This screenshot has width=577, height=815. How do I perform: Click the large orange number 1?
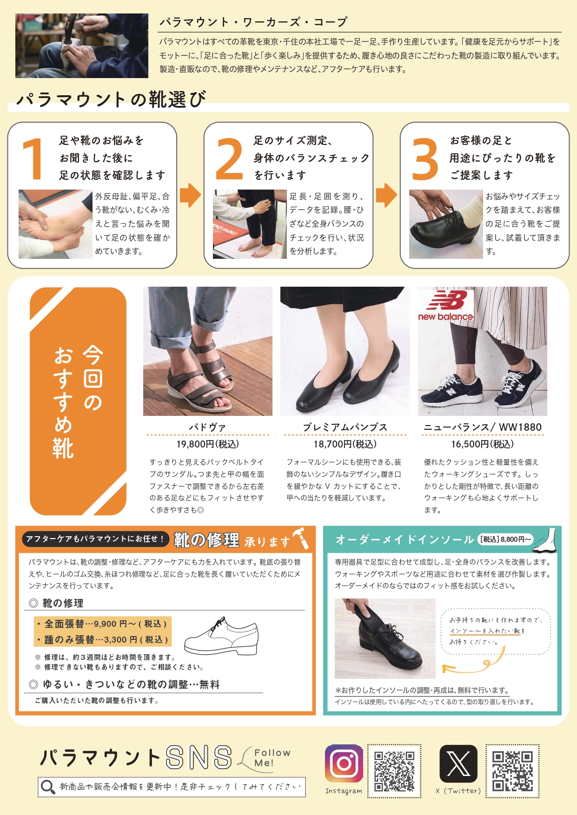pyautogui.click(x=33, y=159)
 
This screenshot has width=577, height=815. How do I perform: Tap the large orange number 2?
pyautogui.click(x=229, y=159)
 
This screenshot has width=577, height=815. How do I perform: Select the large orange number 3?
pyautogui.click(x=425, y=159)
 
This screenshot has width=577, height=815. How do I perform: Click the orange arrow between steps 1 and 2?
pyautogui.click(x=190, y=195)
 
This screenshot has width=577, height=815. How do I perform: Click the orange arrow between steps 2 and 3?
pyautogui.click(x=386, y=195)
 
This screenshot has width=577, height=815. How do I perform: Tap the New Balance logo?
pyautogui.click(x=446, y=305)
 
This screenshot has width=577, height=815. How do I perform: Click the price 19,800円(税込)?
pyautogui.click(x=207, y=444)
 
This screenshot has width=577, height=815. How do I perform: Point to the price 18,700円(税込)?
pyautogui.click(x=345, y=444)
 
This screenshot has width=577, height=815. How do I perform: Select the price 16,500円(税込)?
pyautogui.click(x=482, y=444)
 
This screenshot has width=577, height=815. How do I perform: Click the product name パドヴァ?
pyautogui.click(x=207, y=427)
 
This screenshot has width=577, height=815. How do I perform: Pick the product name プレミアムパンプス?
pyautogui.click(x=345, y=427)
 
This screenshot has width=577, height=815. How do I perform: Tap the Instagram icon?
pyautogui.click(x=344, y=763)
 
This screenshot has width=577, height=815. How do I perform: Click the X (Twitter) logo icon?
pyautogui.click(x=458, y=763)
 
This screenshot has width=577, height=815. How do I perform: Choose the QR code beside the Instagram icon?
pyautogui.click(x=394, y=771)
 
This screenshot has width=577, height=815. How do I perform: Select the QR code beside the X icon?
pyautogui.click(x=512, y=771)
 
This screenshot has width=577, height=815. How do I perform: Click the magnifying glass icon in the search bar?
pyautogui.click(x=48, y=787)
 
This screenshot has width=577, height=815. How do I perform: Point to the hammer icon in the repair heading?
pyautogui.click(x=300, y=538)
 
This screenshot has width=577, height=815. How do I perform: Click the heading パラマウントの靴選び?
pyautogui.click(x=111, y=99)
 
